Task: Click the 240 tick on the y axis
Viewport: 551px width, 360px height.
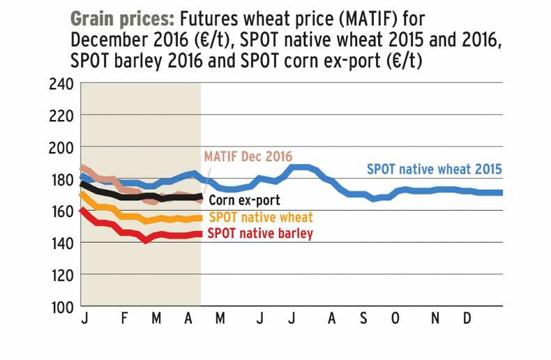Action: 60,84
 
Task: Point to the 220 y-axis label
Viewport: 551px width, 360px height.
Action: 60,117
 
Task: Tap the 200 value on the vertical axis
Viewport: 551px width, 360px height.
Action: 60,148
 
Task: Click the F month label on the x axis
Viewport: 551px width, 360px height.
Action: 124,319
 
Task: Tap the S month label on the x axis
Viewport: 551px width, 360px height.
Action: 363,319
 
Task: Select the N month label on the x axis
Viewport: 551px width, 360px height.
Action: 435,319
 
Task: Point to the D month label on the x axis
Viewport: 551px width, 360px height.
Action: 468,319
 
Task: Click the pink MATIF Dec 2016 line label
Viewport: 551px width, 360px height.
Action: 248,156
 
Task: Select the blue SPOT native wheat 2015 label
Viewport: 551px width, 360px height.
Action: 435,169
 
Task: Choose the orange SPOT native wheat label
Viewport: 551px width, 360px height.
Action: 261,217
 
